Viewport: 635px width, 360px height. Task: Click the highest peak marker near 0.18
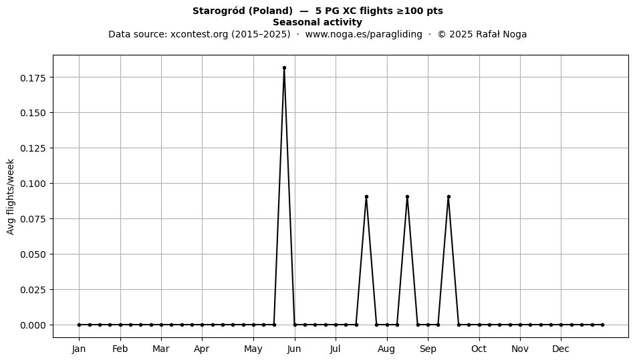284,68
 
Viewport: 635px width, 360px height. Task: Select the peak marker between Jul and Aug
366,196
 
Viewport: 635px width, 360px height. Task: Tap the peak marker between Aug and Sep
408,196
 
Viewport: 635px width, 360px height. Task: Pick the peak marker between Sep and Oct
449,196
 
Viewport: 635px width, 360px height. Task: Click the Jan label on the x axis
79,349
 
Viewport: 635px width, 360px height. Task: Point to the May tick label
253,349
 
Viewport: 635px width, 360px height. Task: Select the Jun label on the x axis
294,349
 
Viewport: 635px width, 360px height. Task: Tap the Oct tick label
479,349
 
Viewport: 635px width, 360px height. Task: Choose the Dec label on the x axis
561,349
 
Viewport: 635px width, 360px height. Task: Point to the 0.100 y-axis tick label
33,184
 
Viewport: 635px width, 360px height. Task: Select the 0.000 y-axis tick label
33,325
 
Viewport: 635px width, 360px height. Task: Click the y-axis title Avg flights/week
11,196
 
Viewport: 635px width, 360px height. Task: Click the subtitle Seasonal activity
317,22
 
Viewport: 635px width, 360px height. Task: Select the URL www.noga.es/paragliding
363,34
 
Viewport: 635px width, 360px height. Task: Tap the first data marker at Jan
79,325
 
